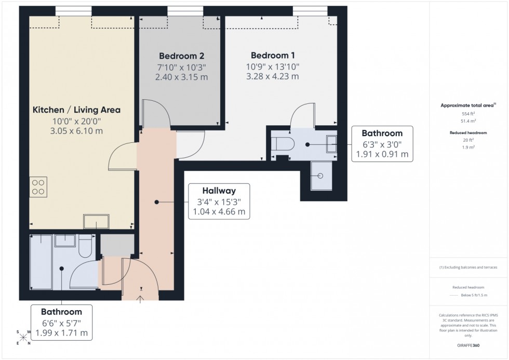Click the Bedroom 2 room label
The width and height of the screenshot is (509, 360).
(181, 56)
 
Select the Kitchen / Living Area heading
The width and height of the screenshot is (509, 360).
(76, 110)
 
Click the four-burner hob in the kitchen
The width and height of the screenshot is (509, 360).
(38, 186)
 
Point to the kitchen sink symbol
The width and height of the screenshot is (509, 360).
(96, 222)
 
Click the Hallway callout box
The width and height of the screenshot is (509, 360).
(219, 201)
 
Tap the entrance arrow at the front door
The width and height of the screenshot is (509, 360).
(140, 298)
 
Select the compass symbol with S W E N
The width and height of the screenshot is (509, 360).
(23, 338)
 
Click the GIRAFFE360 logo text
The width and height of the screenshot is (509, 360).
(468, 345)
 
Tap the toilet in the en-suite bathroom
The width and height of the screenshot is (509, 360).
(284, 143)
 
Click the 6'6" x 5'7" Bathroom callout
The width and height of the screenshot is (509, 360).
(61, 322)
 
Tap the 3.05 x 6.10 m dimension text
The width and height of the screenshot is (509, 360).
(77, 130)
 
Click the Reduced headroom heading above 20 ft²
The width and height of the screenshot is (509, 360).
(468, 132)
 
